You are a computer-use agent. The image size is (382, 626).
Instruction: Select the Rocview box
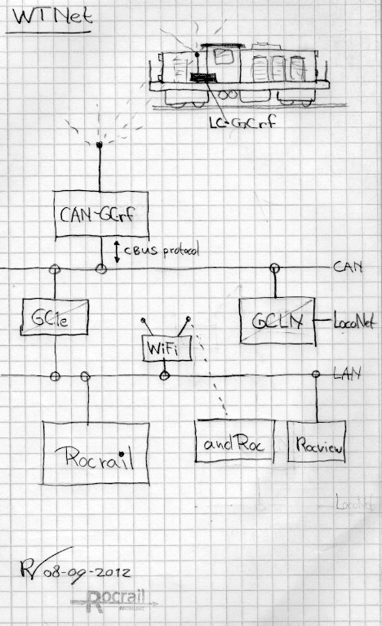318,444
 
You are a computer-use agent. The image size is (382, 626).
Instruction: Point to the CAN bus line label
349,267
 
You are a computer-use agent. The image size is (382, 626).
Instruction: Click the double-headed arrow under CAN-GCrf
116,251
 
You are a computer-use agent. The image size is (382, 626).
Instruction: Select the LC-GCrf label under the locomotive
230,125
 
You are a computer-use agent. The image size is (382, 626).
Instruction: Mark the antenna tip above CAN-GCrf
100,144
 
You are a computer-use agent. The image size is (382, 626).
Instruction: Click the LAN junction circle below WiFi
165,375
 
